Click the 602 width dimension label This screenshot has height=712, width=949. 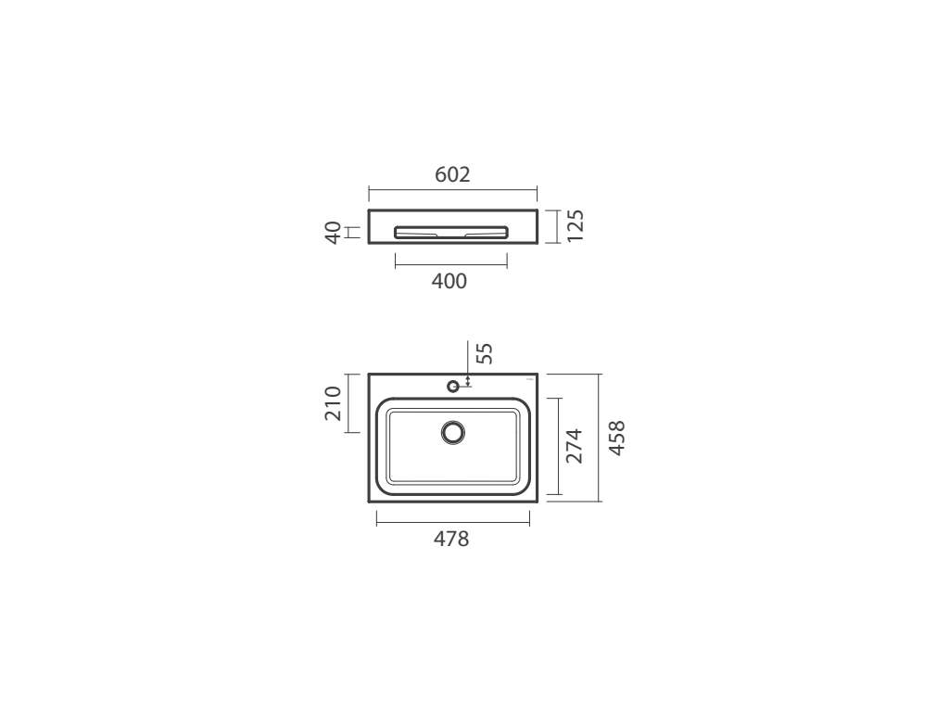click(452, 174)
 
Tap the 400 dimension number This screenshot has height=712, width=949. click(449, 281)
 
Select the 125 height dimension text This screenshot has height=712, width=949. click(576, 226)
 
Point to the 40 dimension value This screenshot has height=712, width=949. click(333, 233)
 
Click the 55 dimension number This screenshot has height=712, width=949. click(485, 353)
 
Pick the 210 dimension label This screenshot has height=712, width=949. click(333, 403)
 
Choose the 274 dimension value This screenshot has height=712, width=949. click(574, 446)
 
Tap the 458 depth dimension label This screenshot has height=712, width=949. click(616, 438)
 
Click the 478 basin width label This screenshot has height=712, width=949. click(451, 539)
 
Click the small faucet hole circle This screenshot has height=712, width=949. click(452, 386)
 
